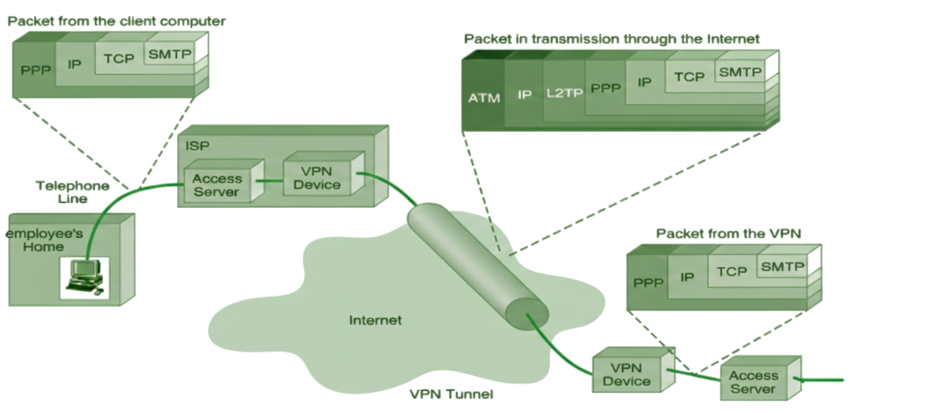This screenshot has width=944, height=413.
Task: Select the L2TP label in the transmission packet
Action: click(565, 93)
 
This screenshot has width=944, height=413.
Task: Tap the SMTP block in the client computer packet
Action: click(170, 54)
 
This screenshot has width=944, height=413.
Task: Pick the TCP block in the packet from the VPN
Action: click(732, 271)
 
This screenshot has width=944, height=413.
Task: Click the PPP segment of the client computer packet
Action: click(35, 69)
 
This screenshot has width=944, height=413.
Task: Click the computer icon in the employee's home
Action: click(85, 278)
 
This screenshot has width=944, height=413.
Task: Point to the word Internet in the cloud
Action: click(375, 320)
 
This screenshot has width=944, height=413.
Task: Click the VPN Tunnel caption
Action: click(451, 394)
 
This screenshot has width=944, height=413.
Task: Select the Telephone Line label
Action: click(72, 192)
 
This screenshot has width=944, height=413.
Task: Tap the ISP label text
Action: click(197, 146)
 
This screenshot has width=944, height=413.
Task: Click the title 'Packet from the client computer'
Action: click(117, 21)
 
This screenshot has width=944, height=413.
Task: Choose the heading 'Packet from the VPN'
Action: click(728, 234)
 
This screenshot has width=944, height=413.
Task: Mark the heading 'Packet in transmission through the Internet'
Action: click(611, 39)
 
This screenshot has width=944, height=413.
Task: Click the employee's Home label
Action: click(44, 240)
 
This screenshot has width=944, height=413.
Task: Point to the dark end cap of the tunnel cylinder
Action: click(527, 314)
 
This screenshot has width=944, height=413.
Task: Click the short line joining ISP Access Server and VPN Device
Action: click(269, 181)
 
